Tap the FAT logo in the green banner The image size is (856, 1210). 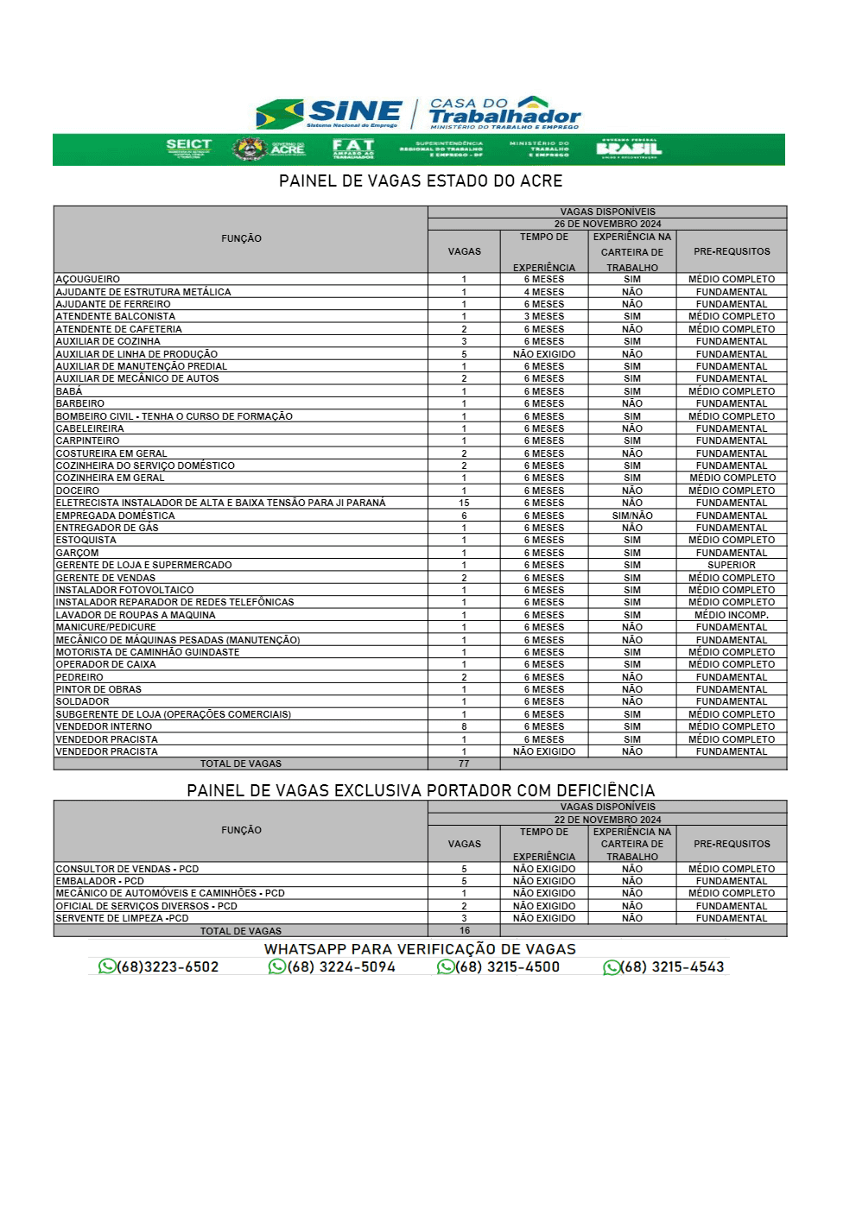[x=353, y=149]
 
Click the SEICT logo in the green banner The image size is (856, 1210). [x=188, y=148]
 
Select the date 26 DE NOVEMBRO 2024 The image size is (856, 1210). [x=607, y=224]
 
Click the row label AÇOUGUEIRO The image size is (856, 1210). [x=88, y=279]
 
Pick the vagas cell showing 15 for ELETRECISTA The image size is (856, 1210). [x=464, y=503]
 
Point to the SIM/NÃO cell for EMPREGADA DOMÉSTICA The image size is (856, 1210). [x=632, y=516]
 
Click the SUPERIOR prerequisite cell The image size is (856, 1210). [x=731, y=565]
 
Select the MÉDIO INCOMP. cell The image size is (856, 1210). [x=731, y=615]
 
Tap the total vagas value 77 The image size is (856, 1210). [x=464, y=763]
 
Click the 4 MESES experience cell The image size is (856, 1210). [x=544, y=292]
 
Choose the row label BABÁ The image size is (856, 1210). [x=69, y=391]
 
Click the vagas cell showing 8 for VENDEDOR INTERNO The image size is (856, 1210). [x=464, y=726]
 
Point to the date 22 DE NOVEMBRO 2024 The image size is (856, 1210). [x=607, y=820]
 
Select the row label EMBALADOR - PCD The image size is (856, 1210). [x=100, y=881]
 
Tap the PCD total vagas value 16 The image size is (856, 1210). [x=465, y=930]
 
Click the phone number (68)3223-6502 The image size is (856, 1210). [x=168, y=967]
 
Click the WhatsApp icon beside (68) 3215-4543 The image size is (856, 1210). [x=612, y=967]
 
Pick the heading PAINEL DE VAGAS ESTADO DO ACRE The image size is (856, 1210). [x=421, y=181]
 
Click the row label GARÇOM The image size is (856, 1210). [x=78, y=553]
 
